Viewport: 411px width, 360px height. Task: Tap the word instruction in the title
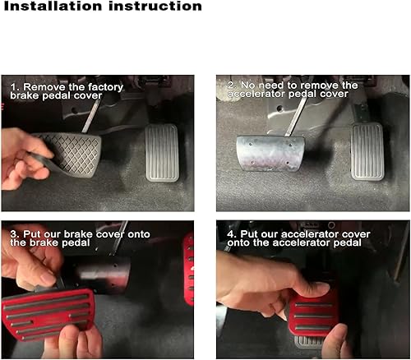pos(157,7)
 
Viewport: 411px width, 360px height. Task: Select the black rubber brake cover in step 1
pos(70,153)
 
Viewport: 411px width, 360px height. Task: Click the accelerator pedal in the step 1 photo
pos(163,151)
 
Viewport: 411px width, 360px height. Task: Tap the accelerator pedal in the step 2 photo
pos(367,151)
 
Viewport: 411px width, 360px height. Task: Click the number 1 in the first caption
pos(13,86)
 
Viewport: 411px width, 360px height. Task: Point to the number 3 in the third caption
pos(13,233)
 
